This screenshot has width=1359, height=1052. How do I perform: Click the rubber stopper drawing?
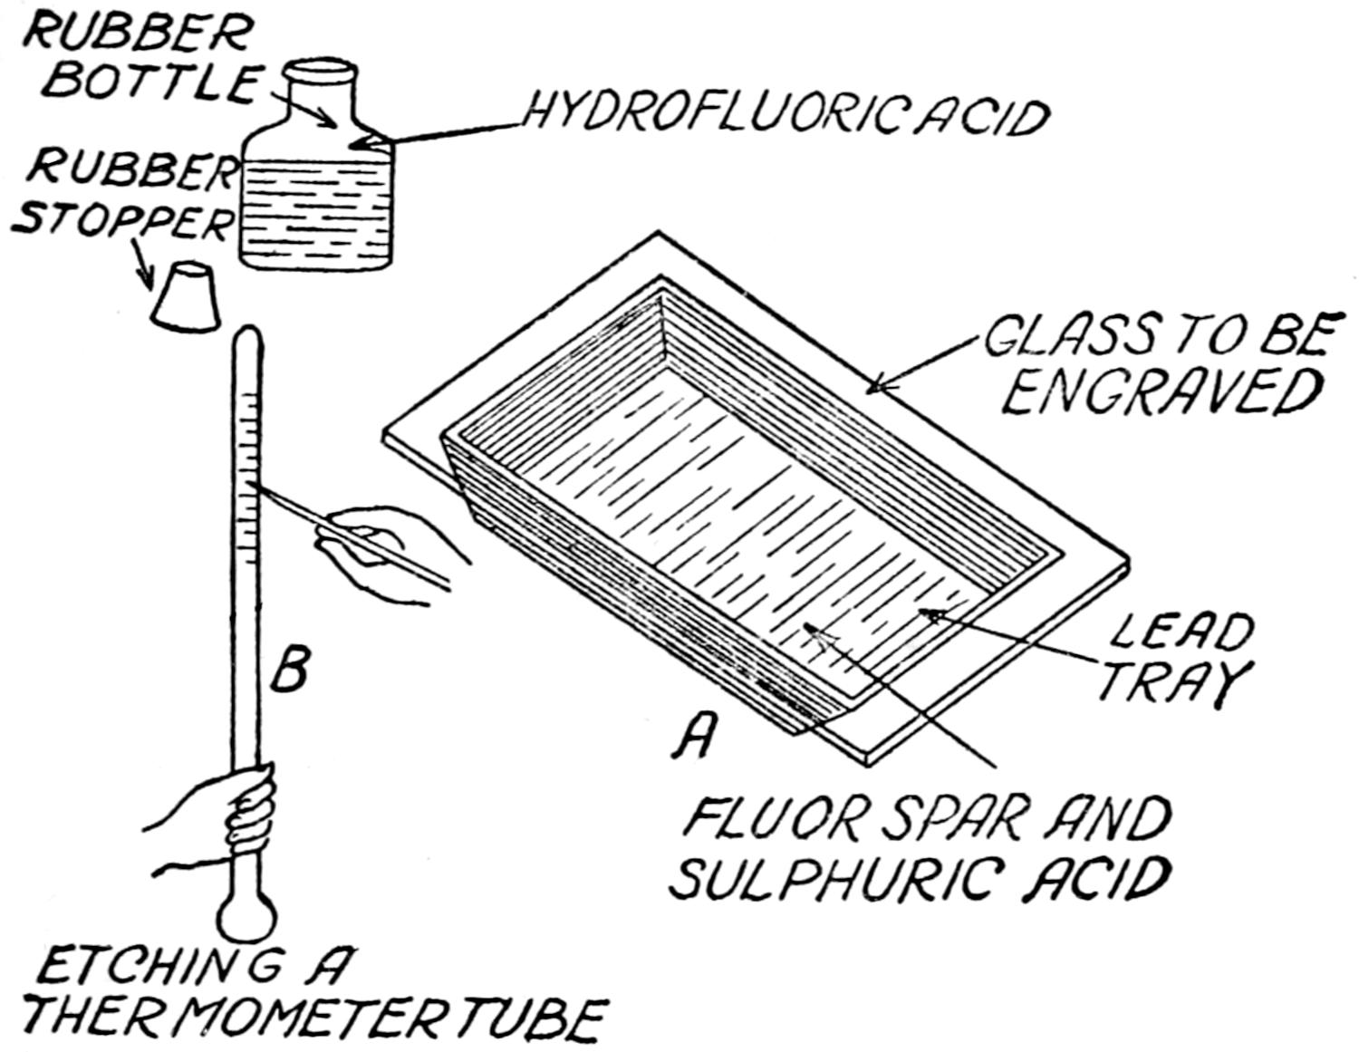click(186, 296)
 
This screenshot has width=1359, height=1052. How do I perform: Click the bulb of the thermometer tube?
click(246, 915)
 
